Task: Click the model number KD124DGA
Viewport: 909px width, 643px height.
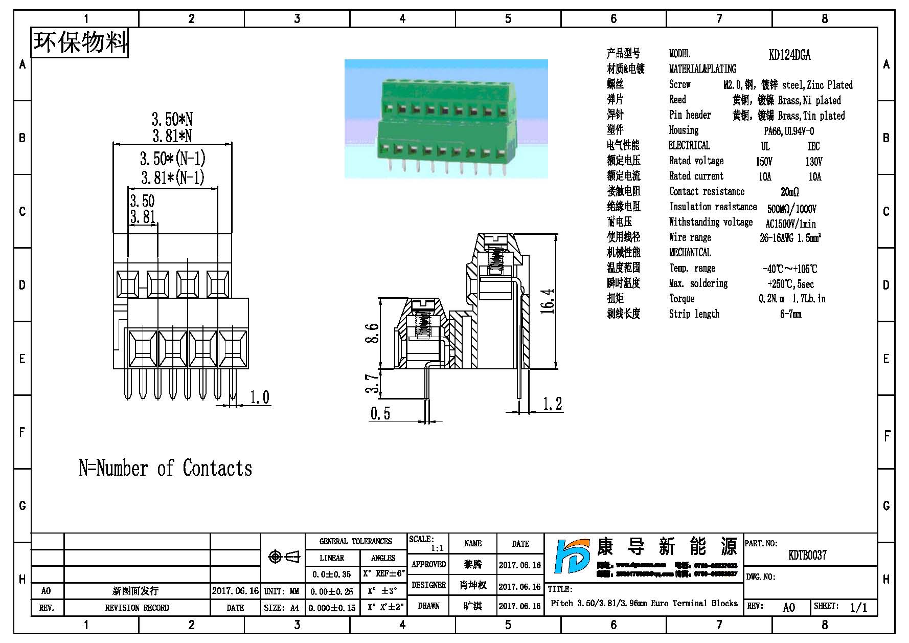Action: point(789,55)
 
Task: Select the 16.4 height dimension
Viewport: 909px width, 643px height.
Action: point(547,301)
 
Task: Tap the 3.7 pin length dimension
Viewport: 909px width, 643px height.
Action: point(374,383)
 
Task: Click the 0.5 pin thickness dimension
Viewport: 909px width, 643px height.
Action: point(380,413)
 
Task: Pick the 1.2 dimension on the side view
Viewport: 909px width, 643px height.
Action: point(552,404)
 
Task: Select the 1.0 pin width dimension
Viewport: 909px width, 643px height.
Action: point(259,397)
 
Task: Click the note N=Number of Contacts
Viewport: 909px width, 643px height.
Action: point(165,468)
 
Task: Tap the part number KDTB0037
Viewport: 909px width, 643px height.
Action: point(807,555)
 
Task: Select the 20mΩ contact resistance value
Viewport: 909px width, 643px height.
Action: point(789,192)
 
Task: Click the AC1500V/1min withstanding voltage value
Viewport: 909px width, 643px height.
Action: point(790,224)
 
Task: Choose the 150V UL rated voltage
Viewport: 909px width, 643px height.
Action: point(764,162)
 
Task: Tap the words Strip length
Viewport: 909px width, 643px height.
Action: point(694,314)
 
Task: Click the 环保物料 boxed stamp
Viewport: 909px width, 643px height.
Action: point(80,42)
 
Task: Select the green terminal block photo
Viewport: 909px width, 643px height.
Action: point(446,119)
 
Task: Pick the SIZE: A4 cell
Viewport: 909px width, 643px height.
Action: point(282,608)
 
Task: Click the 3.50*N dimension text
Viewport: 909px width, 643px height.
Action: point(172,120)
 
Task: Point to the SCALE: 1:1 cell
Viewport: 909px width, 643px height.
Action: point(427,543)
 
